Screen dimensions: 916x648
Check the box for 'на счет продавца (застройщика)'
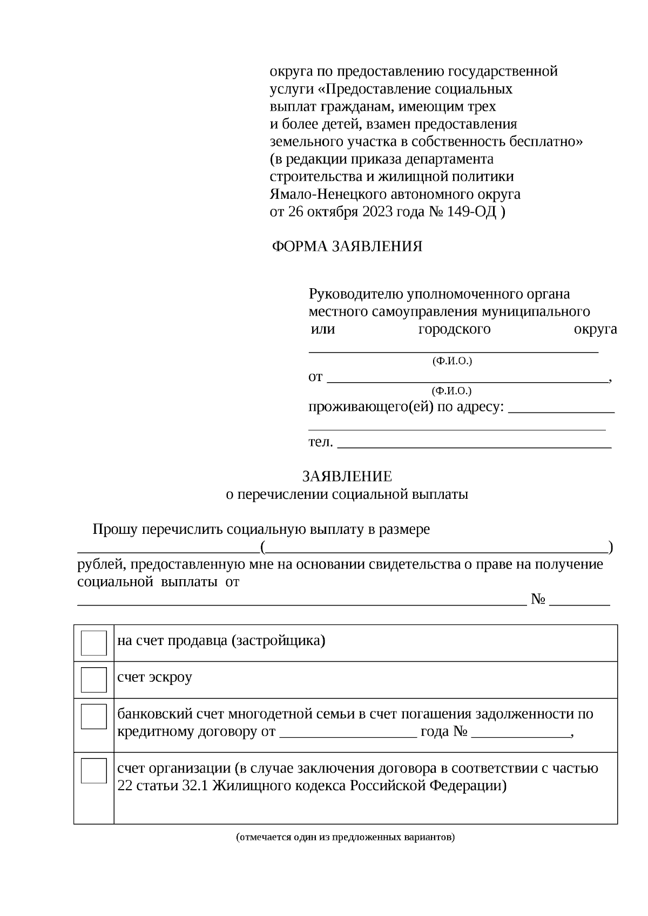pos(93,643)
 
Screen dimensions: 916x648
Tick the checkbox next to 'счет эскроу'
pos(93,680)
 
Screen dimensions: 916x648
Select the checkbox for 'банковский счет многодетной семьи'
pos(93,716)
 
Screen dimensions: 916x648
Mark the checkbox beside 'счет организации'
pos(93,771)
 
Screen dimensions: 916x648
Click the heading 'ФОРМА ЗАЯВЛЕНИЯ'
pos(347,247)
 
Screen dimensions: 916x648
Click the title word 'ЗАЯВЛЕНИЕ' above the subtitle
pos(347,477)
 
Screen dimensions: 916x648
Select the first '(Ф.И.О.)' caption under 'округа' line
pos(452,361)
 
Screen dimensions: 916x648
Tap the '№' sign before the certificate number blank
pos(538,600)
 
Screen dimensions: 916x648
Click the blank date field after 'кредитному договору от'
pos(348,735)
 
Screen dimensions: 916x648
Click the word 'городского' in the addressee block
pos(454,329)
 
